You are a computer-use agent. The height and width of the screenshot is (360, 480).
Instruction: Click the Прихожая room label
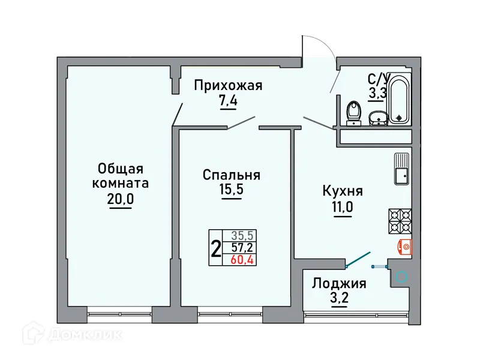(228, 86)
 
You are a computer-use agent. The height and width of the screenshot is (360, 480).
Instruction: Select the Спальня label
(231, 175)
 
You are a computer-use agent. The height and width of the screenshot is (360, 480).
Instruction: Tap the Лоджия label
(340, 283)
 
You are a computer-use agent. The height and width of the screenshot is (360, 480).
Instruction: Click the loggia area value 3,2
(340, 298)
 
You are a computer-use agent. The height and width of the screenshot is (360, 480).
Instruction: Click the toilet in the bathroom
(353, 112)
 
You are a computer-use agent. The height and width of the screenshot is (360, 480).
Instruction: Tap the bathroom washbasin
(377, 118)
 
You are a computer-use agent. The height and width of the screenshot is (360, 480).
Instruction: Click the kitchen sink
(401, 169)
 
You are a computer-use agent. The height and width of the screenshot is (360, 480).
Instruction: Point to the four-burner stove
(400, 220)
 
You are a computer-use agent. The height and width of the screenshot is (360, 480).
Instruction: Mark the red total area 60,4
(241, 259)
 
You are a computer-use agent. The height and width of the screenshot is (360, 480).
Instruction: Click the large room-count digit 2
(215, 248)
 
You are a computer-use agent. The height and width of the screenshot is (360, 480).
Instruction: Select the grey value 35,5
(241, 236)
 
